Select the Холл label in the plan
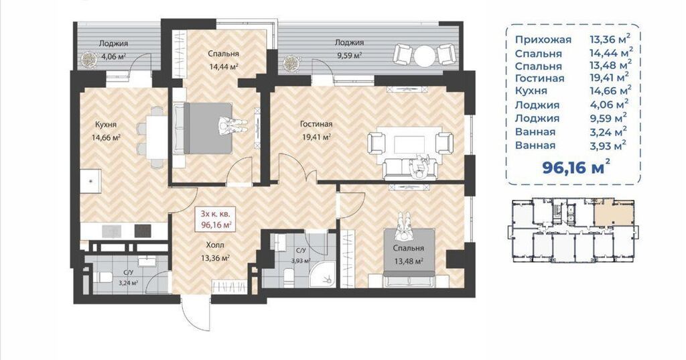pyautogui.click(x=215, y=245)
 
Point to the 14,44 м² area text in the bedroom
pyautogui.click(x=222, y=67)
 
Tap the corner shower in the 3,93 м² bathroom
pyautogui.click(x=323, y=274)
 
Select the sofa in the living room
pyautogui.click(x=409, y=170)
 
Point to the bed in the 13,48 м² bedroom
pyautogui.click(x=409, y=257)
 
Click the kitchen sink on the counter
pyautogui.click(x=91, y=181)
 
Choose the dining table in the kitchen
pyautogui.click(x=155, y=137)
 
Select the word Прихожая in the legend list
pyautogui.click(x=543, y=40)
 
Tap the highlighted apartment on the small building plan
pyautogui.click(x=614, y=212)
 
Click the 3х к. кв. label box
pyautogui.click(x=216, y=219)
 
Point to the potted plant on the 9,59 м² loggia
pyautogui.click(x=290, y=64)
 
